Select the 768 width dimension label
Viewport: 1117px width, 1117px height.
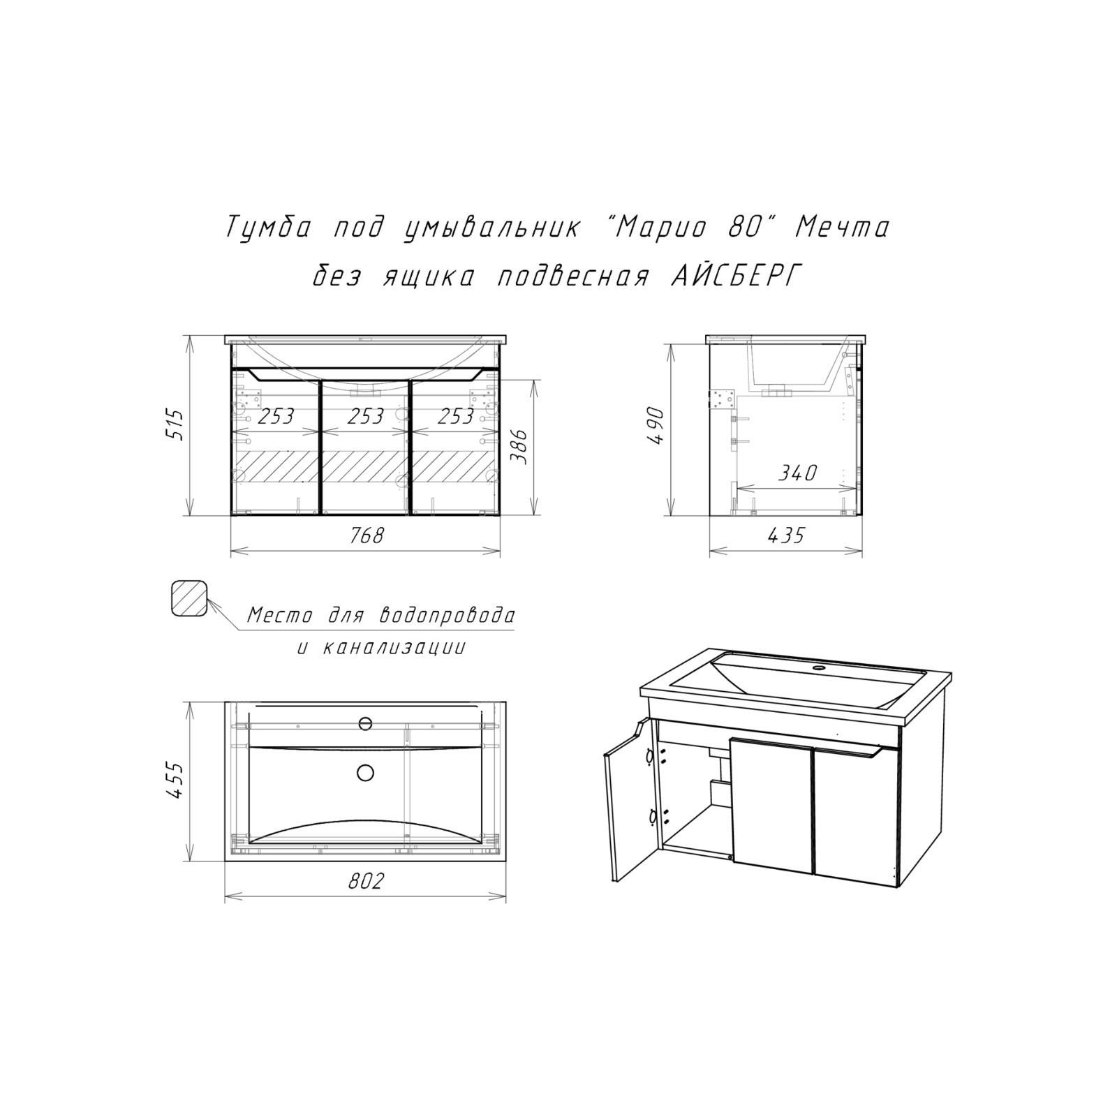point(367,535)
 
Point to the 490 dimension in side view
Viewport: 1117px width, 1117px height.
point(656,427)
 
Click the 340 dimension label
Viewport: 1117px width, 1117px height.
point(797,473)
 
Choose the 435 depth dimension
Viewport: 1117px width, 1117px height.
point(785,535)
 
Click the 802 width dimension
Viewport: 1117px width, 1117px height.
point(366,882)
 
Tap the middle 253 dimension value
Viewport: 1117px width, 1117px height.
point(366,416)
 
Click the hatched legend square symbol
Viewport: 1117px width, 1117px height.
point(190,598)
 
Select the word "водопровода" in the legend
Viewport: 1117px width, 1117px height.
point(447,616)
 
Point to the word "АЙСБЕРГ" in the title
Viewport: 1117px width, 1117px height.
point(726,276)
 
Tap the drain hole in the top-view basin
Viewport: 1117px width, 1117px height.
point(365,772)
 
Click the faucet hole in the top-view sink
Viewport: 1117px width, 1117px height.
point(365,723)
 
